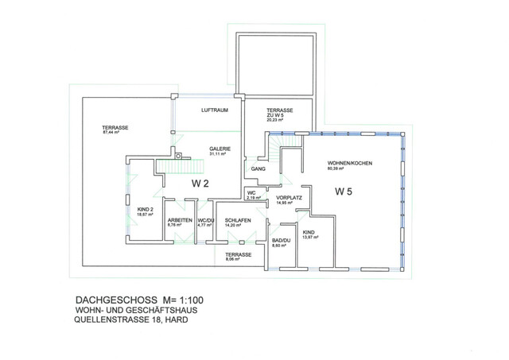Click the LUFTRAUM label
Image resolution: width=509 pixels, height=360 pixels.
pyautogui.click(x=215, y=110)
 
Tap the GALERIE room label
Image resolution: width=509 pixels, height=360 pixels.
pyautogui.click(x=220, y=149)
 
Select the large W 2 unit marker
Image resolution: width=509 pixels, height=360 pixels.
pyautogui.click(x=200, y=184)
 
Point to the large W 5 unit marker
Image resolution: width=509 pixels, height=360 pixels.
pyautogui.click(x=344, y=192)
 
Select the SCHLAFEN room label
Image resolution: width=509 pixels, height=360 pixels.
pyautogui.click(x=238, y=220)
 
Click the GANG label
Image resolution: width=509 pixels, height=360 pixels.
pyautogui.click(x=258, y=169)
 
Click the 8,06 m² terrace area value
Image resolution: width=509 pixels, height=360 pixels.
pyautogui.click(x=232, y=259)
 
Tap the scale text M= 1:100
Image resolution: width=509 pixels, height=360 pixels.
pyautogui.click(x=184, y=300)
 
